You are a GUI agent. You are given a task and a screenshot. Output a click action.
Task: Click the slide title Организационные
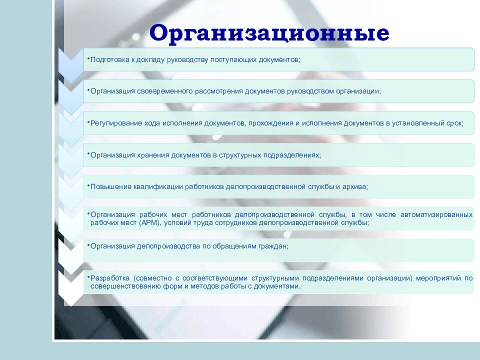[269, 33]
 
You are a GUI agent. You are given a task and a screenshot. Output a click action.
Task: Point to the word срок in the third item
[453, 123]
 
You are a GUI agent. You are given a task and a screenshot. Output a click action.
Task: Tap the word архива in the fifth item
[355, 186]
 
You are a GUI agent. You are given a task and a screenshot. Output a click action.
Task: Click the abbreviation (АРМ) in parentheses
[148, 223]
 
